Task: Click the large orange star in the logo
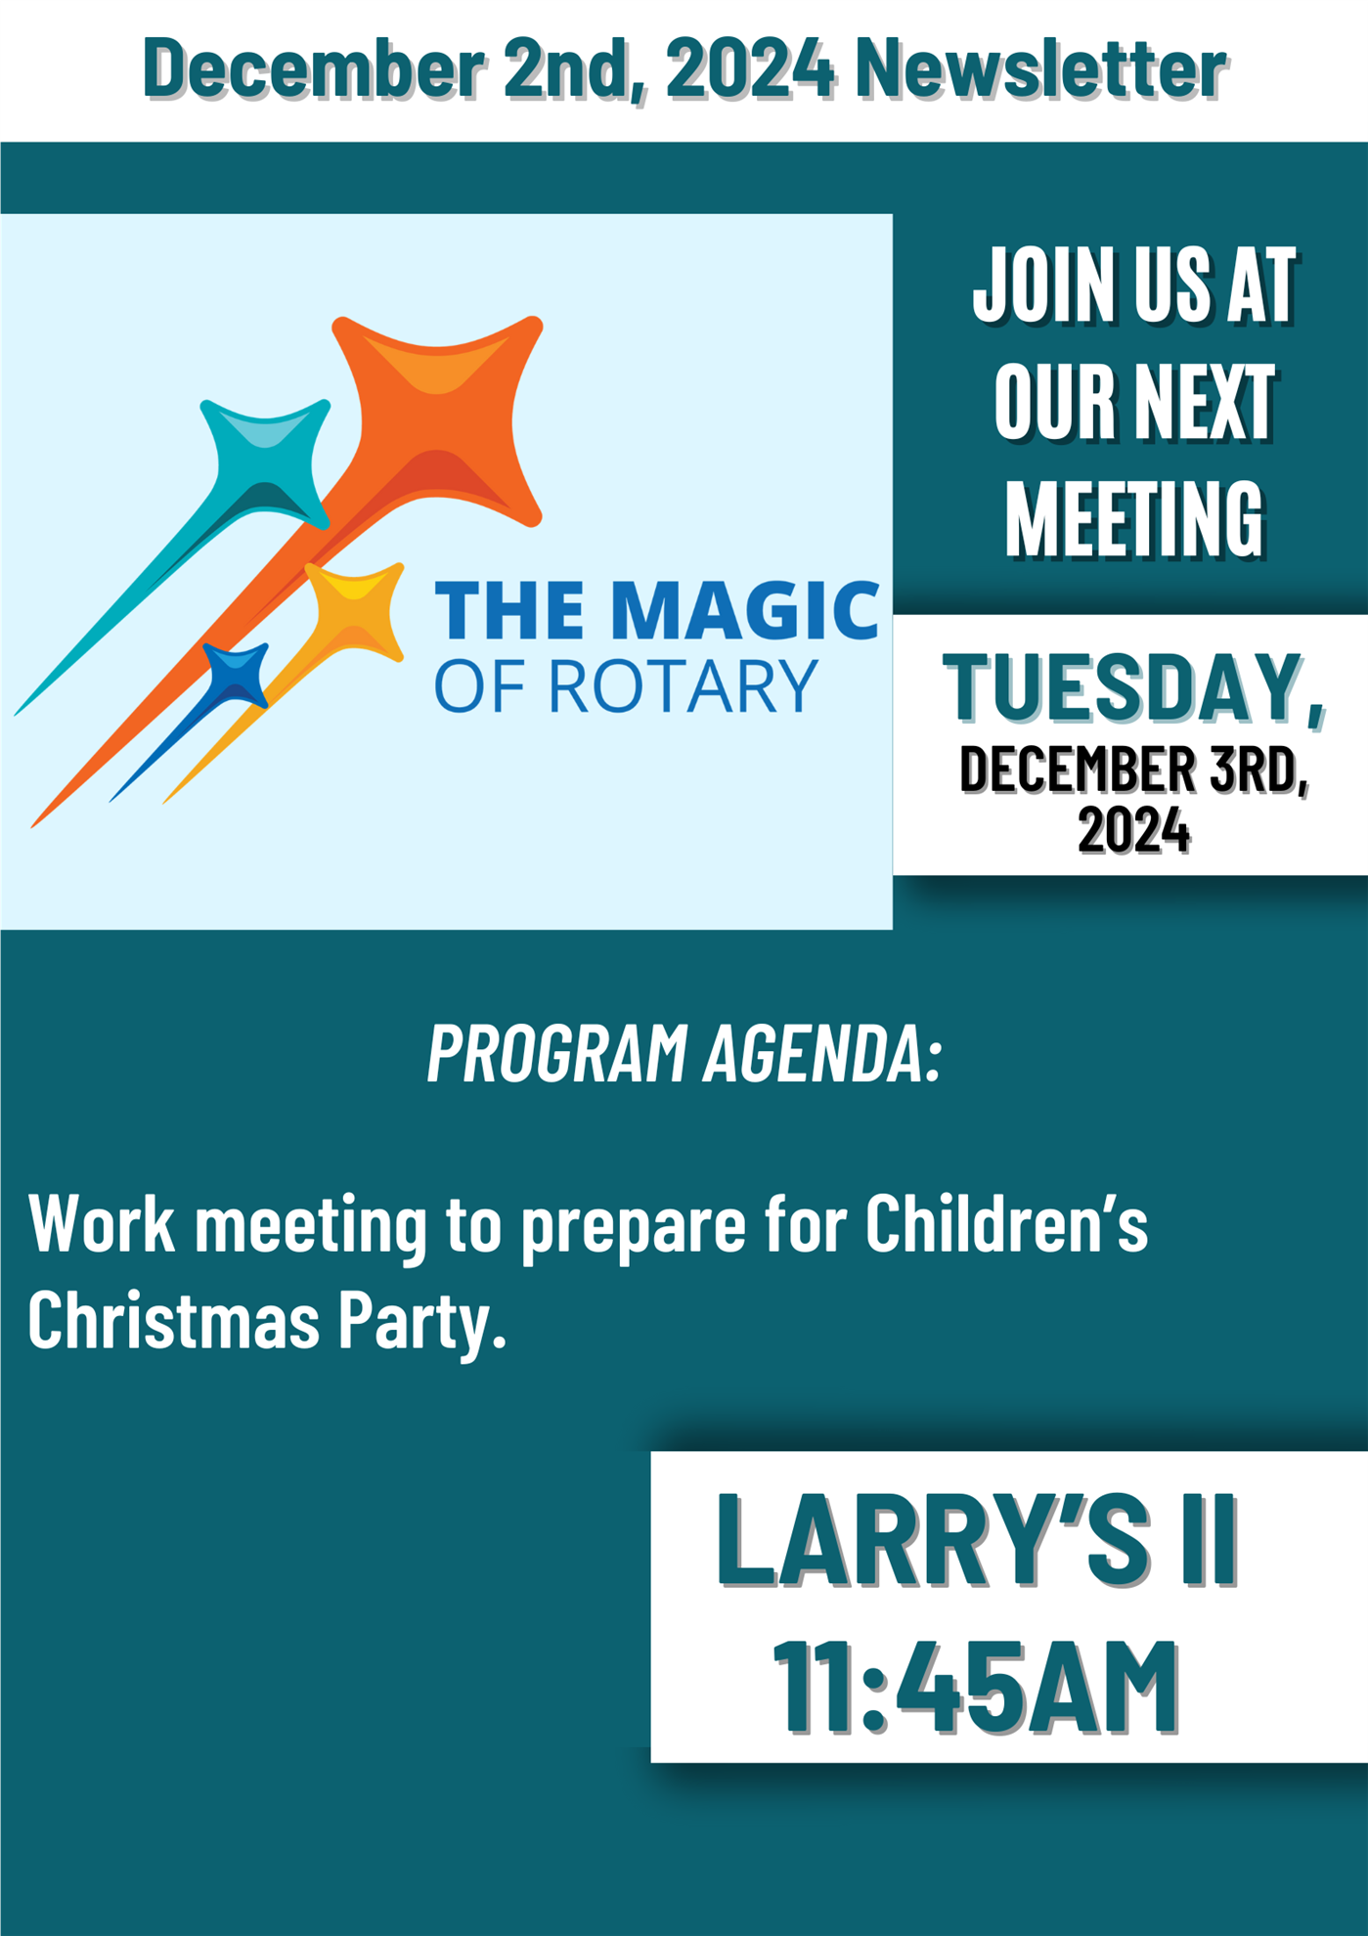pos(440,420)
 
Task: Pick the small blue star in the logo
pos(236,675)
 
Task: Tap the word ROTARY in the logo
pos(683,685)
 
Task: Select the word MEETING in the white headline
pos(1135,519)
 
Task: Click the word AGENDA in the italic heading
pos(822,1054)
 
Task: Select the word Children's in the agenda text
pos(1006,1222)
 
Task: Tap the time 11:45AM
pos(976,1688)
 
